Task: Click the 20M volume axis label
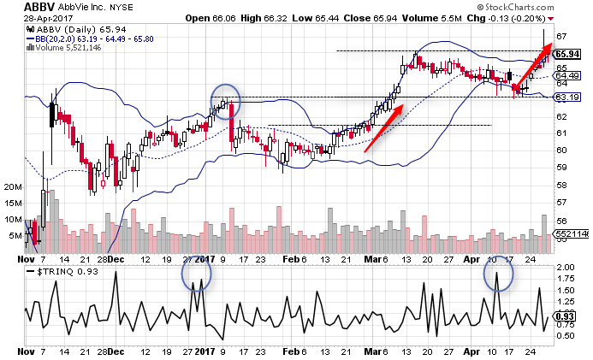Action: (12, 186)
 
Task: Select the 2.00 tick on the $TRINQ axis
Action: (566, 268)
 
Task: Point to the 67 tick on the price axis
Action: (562, 37)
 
